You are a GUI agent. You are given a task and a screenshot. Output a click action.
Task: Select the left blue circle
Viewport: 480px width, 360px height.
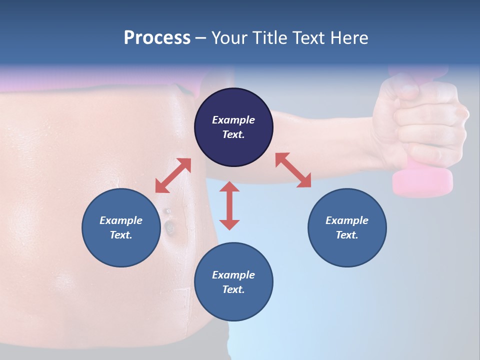click(121, 227)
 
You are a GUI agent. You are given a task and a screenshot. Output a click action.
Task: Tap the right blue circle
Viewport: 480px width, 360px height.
click(347, 227)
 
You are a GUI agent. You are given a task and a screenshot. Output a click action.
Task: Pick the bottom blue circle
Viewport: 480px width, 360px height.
click(233, 282)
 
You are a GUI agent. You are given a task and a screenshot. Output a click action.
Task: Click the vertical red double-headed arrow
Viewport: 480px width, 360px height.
click(229, 205)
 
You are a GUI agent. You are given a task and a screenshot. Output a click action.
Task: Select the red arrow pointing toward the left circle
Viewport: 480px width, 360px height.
click(173, 175)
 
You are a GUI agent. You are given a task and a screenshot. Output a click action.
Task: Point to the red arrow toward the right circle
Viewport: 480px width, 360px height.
click(293, 170)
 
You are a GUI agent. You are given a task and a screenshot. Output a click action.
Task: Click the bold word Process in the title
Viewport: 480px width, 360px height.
click(157, 37)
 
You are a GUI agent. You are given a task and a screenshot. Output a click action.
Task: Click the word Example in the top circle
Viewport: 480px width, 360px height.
click(233, 120)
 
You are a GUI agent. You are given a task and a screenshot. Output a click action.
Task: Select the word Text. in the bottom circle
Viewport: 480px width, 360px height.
click(233, 289)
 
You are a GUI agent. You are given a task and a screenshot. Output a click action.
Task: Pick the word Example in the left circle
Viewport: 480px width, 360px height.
click(121, 220)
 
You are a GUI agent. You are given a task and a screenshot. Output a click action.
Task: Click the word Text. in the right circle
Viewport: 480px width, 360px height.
click(347, 235)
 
